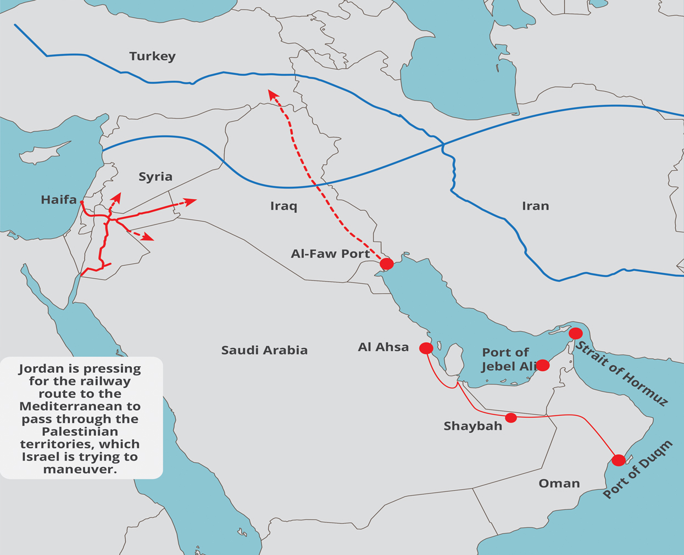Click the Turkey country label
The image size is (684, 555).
(x=152, y=56)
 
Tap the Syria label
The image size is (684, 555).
(x=155, y=176)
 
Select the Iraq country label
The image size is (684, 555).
(x=283, y=206)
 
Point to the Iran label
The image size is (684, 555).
(x=535, y=206)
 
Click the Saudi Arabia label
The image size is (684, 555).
(x=264, y=350)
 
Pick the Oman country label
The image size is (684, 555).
(x=559, y=483)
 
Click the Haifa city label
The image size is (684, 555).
(x=59, y=199)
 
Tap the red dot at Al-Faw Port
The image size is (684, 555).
(x=387, y=264)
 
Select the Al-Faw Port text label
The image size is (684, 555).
(x=330, y=254)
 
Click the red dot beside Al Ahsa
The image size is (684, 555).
(x=426, y=348)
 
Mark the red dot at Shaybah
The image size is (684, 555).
(x=511, y=418)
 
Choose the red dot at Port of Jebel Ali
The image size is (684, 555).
(x=542, y=365)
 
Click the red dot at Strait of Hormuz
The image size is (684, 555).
(x=575, y=333)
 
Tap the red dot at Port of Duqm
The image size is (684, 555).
(x=619, y=460)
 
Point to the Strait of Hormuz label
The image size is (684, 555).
(x=621, y=374)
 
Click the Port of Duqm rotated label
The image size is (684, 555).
(x=637, y=469)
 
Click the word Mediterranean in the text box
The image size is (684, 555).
(x=80, y=406)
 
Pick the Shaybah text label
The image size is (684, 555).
(x=472, y=426)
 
